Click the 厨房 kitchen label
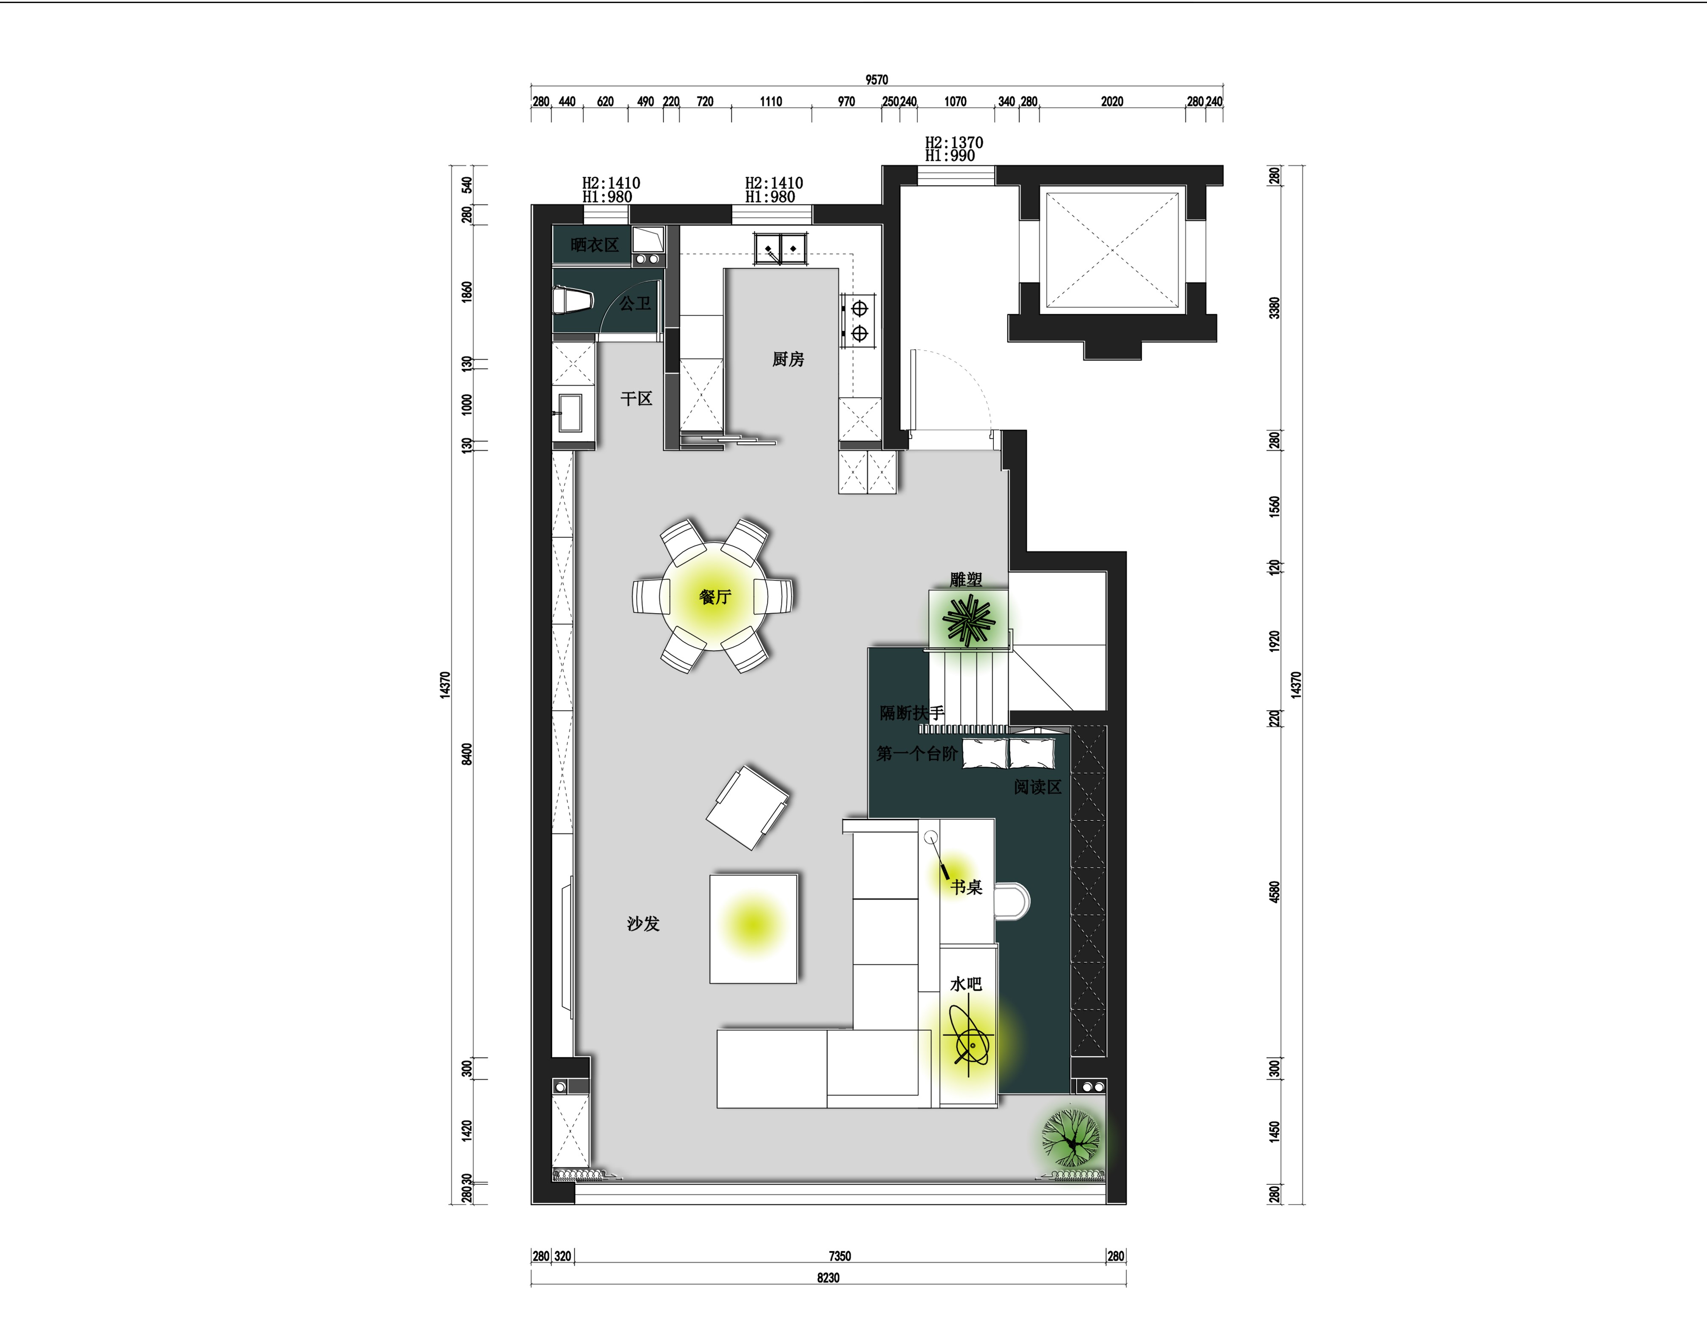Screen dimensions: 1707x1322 (788, 360)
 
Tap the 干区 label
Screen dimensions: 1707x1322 (636, 399)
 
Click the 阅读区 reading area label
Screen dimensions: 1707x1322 (1037, 787)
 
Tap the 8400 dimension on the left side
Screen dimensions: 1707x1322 (467, 754)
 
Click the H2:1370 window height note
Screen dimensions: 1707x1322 (954, 142)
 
